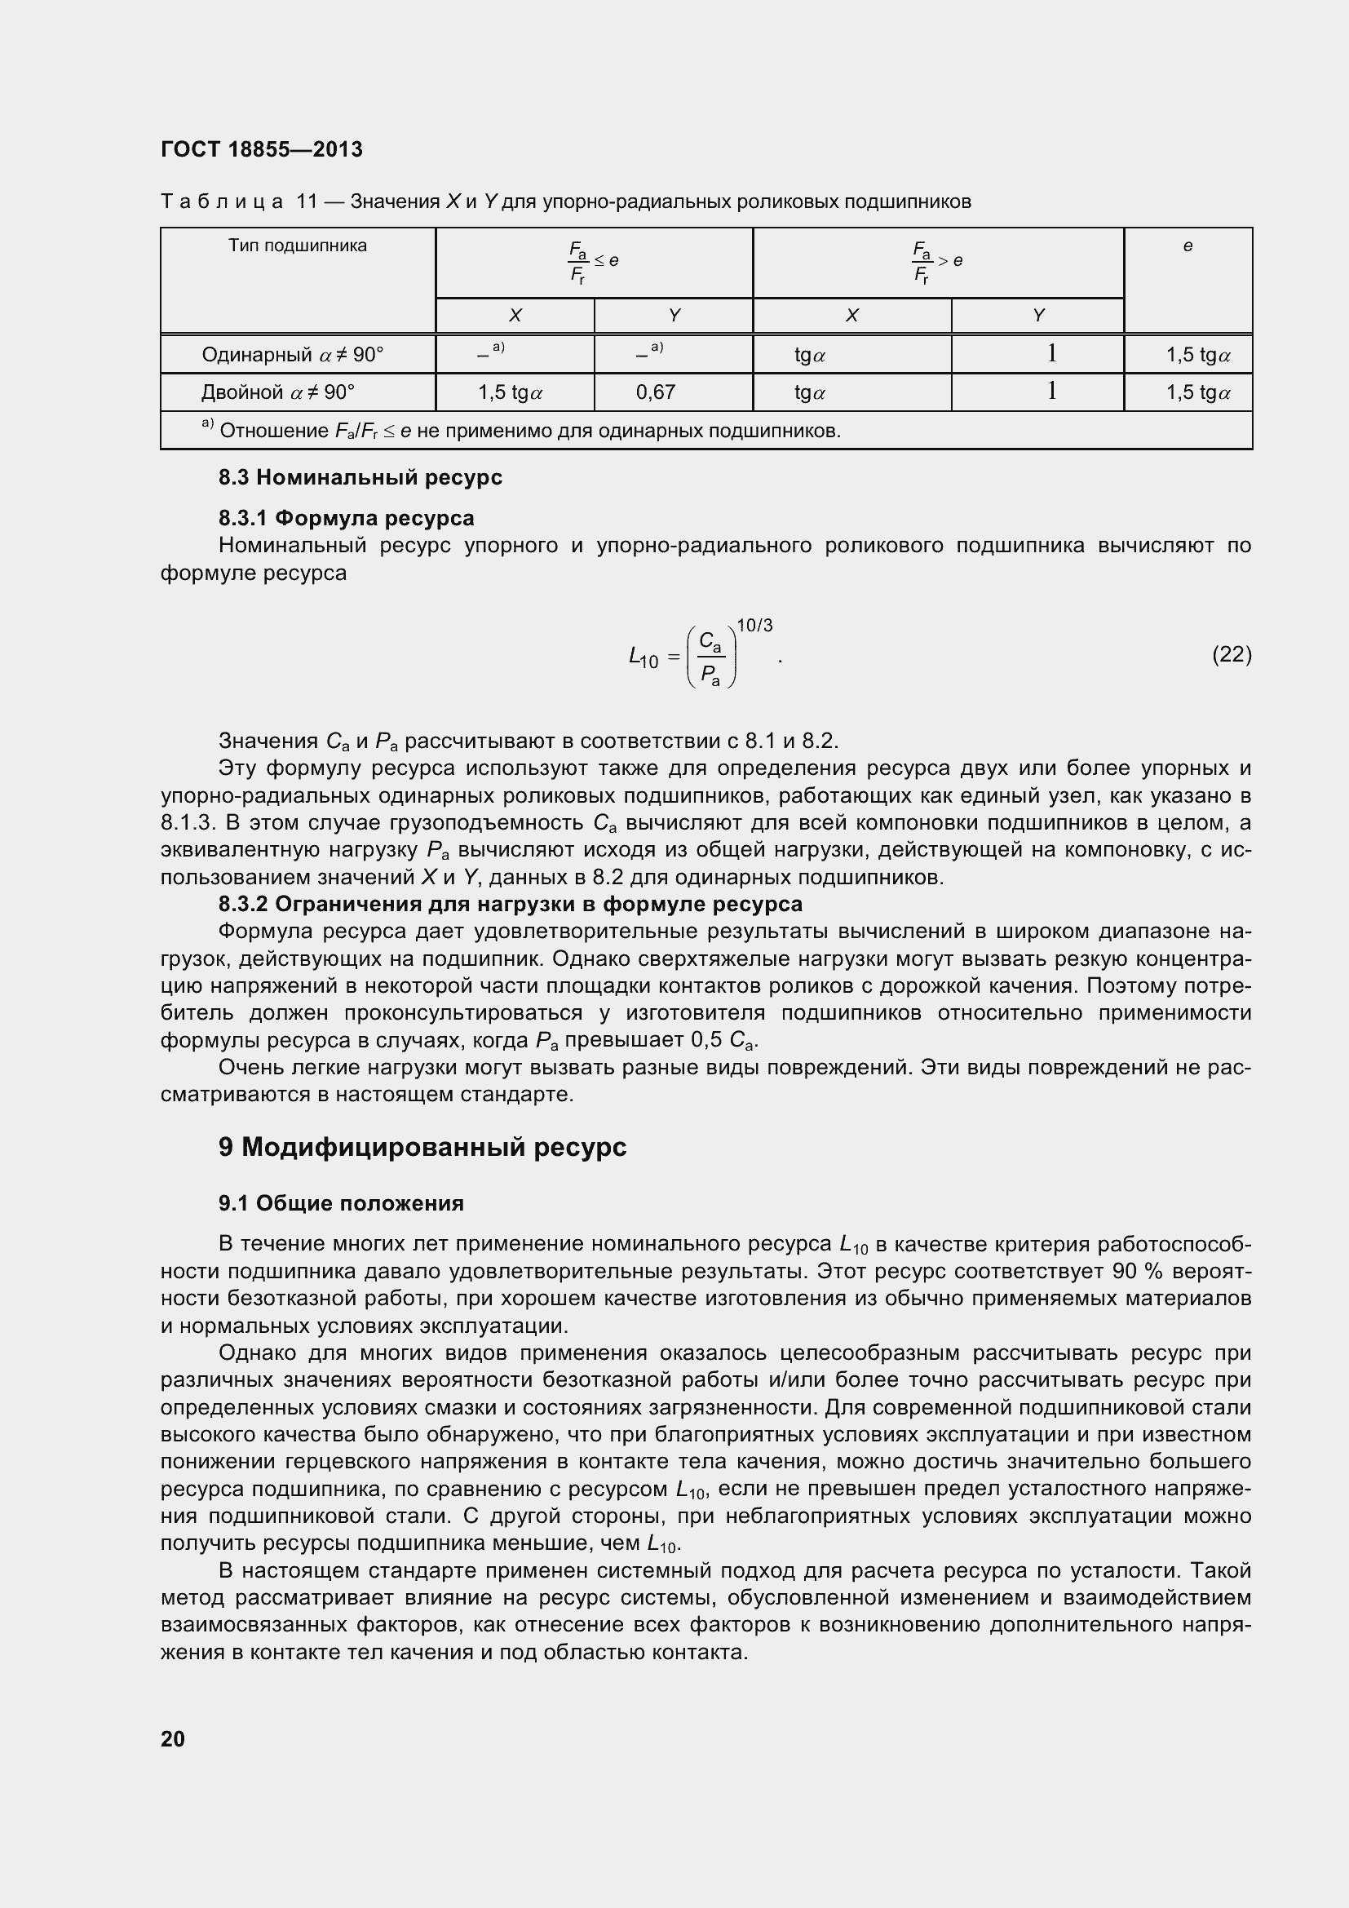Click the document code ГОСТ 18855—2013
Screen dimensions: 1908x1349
click(262, 149)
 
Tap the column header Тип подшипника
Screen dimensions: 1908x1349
click(298, 246)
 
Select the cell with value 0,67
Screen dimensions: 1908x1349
click(657, 392)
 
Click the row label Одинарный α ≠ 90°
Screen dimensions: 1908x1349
click(293, 355)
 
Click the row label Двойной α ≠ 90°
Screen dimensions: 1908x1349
click(277, 392)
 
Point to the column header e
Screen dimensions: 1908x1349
click(1187, 246)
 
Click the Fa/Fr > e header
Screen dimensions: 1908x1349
click(937, 262)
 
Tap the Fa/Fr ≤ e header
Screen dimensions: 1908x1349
click(593, 262)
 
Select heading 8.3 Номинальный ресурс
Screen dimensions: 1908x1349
click(360, 478)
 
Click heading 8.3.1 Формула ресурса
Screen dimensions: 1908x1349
click(347, 519)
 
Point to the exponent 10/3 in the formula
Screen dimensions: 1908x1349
click(754, 626)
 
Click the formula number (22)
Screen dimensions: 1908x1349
click(1231, 655)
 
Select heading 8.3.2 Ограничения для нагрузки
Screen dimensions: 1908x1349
click(510, 904)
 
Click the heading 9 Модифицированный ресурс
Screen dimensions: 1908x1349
click(422, 1147)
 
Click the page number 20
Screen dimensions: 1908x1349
click(173, 1738)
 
